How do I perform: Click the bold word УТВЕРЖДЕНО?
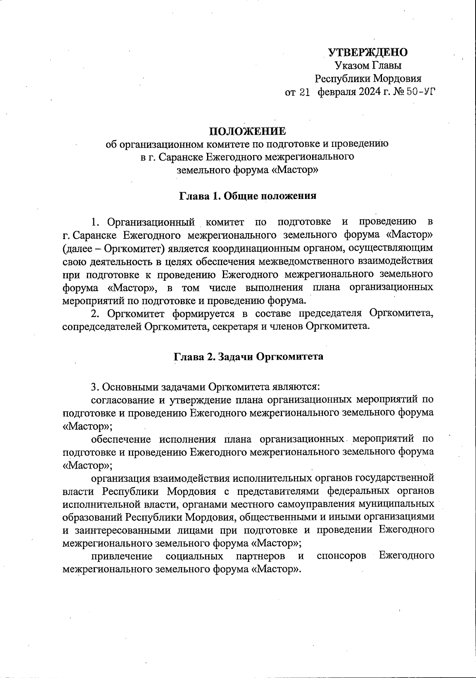(368, 52)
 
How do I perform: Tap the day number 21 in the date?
(304, 93)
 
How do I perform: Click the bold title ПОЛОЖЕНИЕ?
(247, 131)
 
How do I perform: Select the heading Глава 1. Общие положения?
(248, 196)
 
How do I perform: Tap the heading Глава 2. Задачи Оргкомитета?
(249, 356)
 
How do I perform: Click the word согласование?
(125, 399)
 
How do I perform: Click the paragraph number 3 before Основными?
(94, 386)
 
